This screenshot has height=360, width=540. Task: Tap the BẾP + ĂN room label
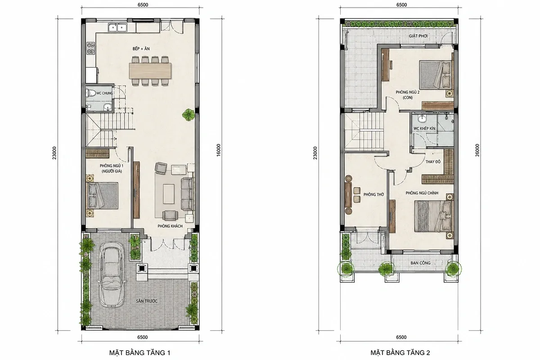[x=141, y=49]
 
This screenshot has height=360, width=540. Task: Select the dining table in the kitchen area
[x=150, y=71]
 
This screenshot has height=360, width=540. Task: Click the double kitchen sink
[x=117, y=27]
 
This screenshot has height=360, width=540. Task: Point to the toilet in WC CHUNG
[x=90, y=93]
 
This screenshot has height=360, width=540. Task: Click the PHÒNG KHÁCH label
[x=170, y=226]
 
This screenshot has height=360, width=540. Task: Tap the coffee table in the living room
[x=168, y=193]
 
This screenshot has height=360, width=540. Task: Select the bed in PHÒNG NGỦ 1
[x=103, y=196]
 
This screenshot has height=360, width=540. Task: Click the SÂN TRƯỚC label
[x=147, y=301]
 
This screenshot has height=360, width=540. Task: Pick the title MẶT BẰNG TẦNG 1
[x=140, y=353]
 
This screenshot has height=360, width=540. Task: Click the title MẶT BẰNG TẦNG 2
[x=400, y=353]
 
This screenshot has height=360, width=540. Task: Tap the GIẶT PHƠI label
[x=418, y=36]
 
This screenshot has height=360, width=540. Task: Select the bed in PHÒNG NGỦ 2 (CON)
[x=436, y=75]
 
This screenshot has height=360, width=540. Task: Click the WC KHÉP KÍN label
[x=424, y=129]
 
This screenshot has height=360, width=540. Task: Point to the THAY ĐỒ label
[x=433, y=162]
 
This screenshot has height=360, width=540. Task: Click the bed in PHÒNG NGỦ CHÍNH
[x=434, y=216]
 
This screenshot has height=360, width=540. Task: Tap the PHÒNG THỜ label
[x=373, y=194]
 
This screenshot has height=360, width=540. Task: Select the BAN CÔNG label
[x=420, y=263]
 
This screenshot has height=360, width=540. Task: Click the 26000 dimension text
[x=477, y=150]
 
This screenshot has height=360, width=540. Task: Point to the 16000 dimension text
[x=218, y=150]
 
